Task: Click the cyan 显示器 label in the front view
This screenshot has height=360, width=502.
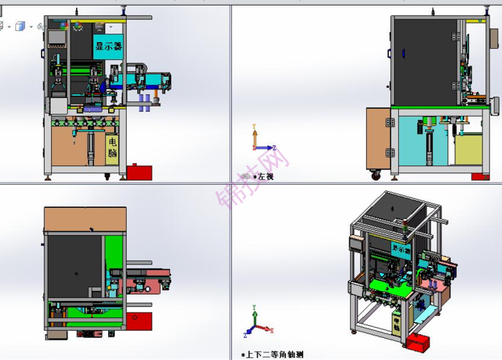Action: pos(109,47)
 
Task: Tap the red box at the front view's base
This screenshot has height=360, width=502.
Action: pos(140,172)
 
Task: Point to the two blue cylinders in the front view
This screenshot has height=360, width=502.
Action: pos(144,103)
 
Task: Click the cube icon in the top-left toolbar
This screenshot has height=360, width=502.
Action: pos(20,27)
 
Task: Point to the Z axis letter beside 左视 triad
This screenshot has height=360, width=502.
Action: pos(275,147)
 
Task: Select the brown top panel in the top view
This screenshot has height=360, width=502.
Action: pos(85,220)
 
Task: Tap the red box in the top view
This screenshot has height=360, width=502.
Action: pos(140,321)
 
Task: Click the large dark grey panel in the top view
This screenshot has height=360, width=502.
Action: pos(73,265)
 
